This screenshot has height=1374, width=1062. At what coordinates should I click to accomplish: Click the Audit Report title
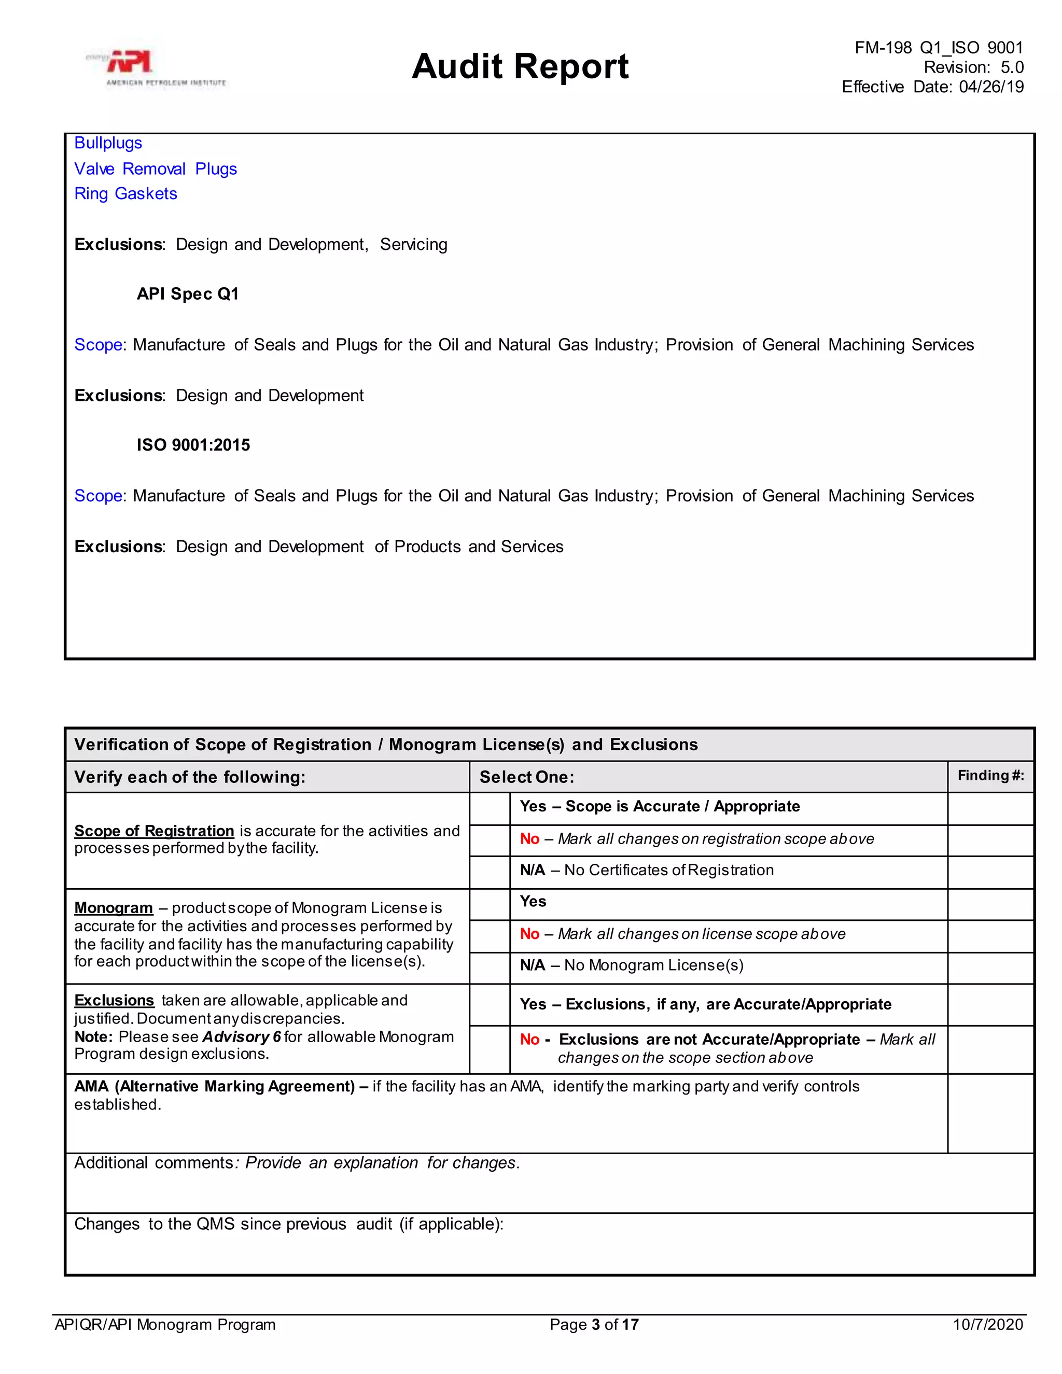click(x=520, y=67)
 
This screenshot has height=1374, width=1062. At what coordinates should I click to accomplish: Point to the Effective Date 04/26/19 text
click(x=932, y=87)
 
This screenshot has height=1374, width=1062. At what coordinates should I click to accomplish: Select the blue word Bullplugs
click(x=108, y=144)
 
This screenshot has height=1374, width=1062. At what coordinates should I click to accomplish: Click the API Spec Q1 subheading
click(x=188, y=294)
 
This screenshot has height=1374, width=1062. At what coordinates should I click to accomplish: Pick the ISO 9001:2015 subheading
click(x=193, y=445)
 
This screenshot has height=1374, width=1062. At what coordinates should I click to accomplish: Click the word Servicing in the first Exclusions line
click(x=413, y=245)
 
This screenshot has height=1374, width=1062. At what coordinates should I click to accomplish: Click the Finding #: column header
click(x=990, y=776)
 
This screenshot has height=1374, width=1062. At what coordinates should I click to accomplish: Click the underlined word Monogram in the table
click(x=113, y=908)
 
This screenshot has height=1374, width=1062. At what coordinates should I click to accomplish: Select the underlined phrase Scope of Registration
click(x=154, y=831)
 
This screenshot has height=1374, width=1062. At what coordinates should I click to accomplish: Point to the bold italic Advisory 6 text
click(x=241, y=1037)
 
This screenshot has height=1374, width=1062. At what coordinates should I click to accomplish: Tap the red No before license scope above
click(x=529, y=934)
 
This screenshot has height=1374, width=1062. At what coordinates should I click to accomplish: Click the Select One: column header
click(x=527, y=777)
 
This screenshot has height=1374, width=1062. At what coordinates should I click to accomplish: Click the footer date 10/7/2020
click(x=988, y=1325)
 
